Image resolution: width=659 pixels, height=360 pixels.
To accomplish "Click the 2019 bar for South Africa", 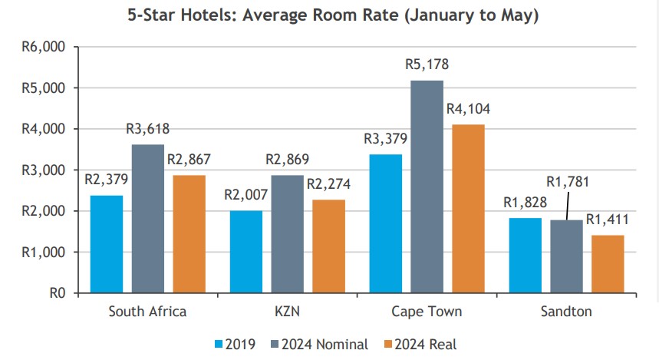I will (106, 244).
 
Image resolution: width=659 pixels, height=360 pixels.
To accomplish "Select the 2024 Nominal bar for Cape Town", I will (427, 187).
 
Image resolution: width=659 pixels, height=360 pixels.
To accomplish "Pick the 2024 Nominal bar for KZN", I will (287, 234).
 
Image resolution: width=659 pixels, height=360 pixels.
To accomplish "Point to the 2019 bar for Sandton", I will (526, 256).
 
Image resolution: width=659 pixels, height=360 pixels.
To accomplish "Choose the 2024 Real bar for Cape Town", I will (468, 209).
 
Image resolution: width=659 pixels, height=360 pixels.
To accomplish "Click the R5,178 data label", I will (427, 64).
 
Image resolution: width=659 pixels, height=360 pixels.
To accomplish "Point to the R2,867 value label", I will (189, 160).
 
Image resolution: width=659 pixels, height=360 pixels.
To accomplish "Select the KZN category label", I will (287, 312).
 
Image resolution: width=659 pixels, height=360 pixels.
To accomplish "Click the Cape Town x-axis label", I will (427, 312).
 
